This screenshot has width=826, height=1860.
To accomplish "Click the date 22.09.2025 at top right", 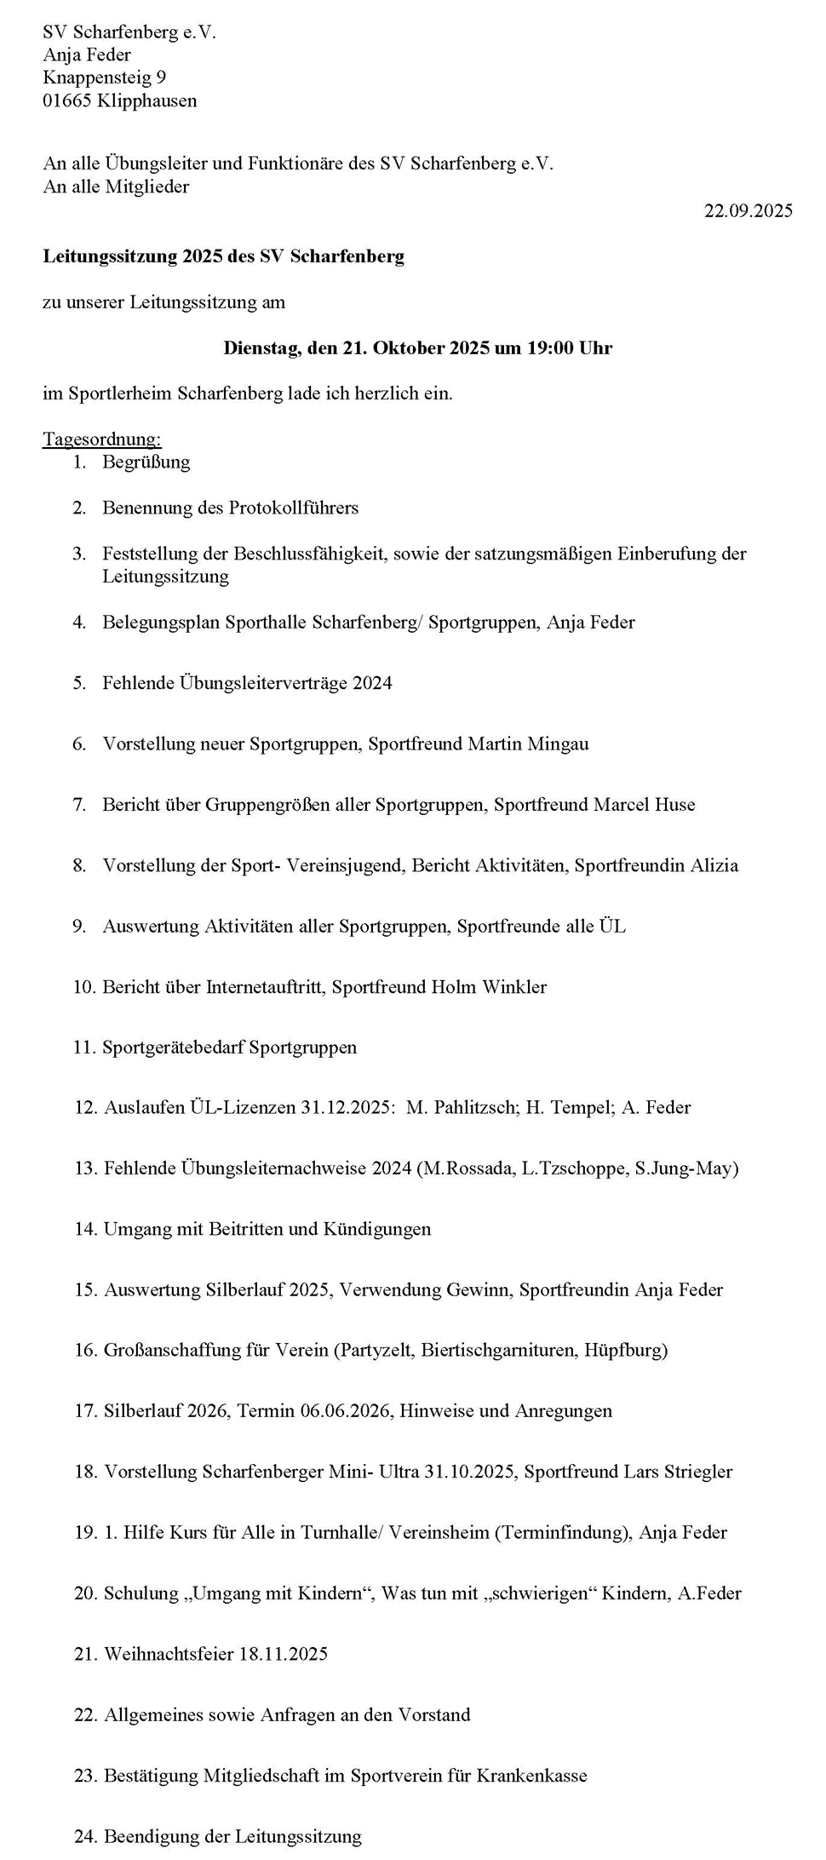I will [x=748, y=211].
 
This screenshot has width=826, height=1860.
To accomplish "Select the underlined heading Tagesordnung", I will [x=101, y=439].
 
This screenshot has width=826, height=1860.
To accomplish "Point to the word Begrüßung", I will [x=146, y=462].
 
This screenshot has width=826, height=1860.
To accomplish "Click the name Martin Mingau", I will [x=528, y=743].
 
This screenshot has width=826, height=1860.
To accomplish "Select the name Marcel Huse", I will [x=644, y=804].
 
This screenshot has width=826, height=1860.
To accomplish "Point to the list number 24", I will [x=85, y=1836].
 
